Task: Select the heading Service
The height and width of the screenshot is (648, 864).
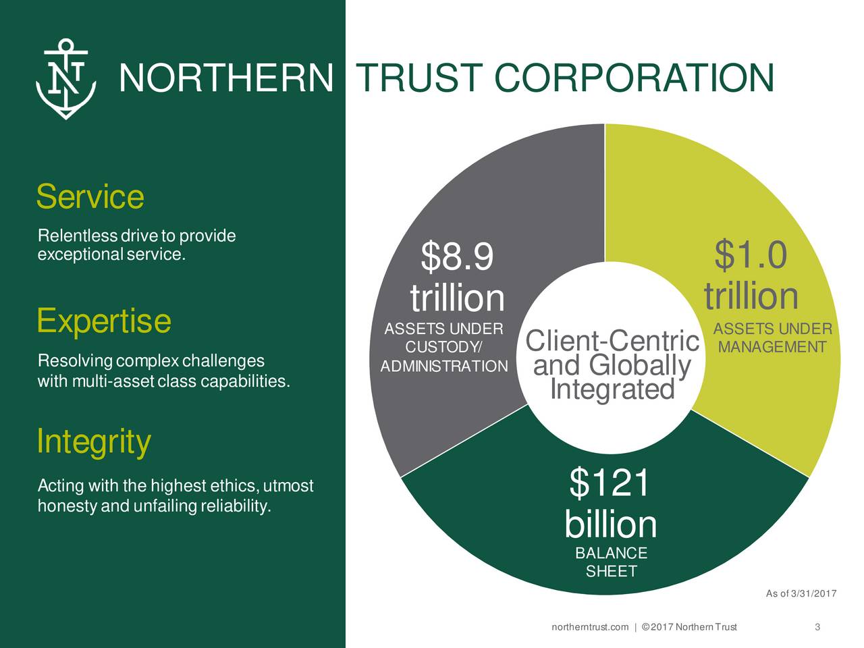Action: point(90,197)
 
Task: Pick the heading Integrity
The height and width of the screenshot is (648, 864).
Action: point(93,442)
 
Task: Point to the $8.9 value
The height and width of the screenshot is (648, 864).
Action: point(457,257)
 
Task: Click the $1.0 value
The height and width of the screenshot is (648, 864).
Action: point(750,255)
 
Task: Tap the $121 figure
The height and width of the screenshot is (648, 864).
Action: point(610,483)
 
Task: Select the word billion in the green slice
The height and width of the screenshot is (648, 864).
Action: point(610,524)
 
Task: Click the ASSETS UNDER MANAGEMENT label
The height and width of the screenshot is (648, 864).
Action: point(772,338)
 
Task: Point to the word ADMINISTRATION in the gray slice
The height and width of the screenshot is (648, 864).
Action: point(444,367)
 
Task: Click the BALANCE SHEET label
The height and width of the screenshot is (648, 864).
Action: point(611,562)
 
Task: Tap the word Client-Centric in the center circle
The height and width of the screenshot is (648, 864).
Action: point(612,342)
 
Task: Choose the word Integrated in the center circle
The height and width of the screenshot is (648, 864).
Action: point(612,390)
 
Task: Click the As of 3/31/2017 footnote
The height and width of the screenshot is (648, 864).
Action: point(801,594)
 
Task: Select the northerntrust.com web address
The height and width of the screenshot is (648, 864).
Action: point(590,628)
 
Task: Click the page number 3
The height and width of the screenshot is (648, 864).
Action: point(817,628)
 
